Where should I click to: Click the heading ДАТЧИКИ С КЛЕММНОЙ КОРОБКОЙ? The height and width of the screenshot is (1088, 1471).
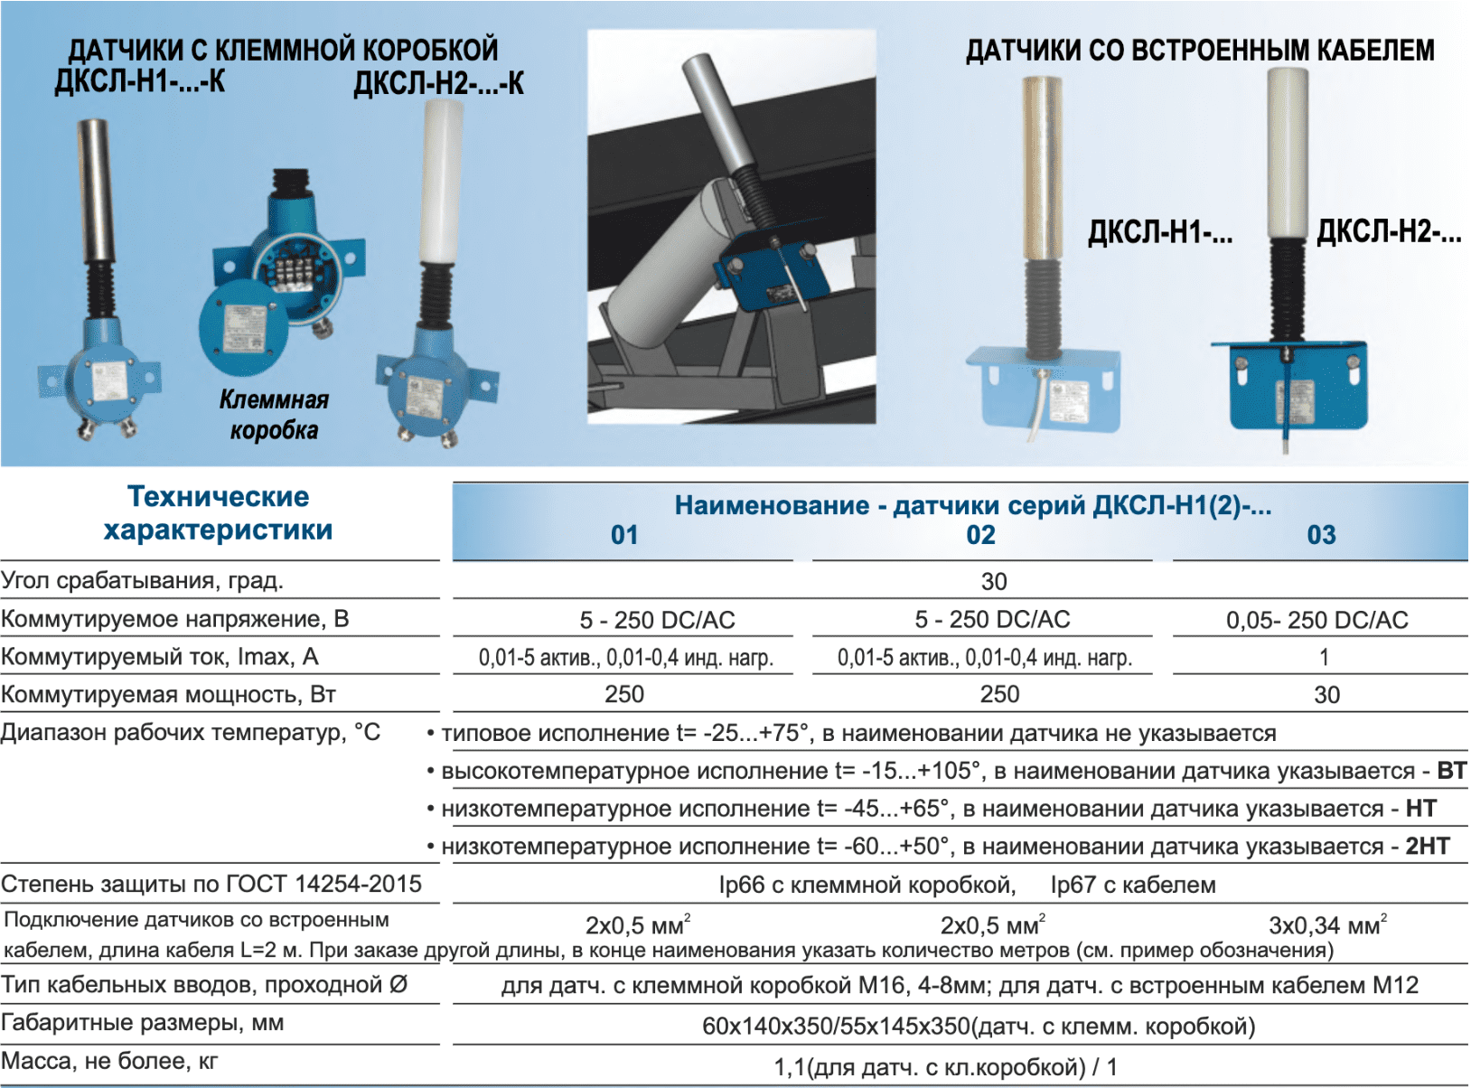283,50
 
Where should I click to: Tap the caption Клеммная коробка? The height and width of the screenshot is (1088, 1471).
274,416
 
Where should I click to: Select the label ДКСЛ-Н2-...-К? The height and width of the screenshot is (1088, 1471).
438,84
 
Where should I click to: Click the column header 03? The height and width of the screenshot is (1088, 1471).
1321,535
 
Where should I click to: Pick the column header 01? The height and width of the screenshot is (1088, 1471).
624,535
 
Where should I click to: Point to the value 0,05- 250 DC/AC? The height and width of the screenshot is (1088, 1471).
1317,620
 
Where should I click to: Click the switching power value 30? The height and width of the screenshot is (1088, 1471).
1326,695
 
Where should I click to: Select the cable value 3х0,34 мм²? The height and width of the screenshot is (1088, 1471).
1327,924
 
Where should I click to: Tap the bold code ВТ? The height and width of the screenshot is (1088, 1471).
1451,770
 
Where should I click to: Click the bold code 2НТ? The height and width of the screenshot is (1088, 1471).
1428,846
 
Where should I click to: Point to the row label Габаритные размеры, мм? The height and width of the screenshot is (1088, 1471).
143,1024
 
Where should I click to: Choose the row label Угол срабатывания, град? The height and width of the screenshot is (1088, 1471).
143,580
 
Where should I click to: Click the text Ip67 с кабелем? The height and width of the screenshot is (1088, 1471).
1133,885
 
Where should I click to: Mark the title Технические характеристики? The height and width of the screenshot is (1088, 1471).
218,512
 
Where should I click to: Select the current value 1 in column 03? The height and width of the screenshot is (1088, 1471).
1324,658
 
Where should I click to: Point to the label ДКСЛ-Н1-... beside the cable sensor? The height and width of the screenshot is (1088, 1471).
1160,233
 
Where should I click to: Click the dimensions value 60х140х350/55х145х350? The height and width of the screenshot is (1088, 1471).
837,1027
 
